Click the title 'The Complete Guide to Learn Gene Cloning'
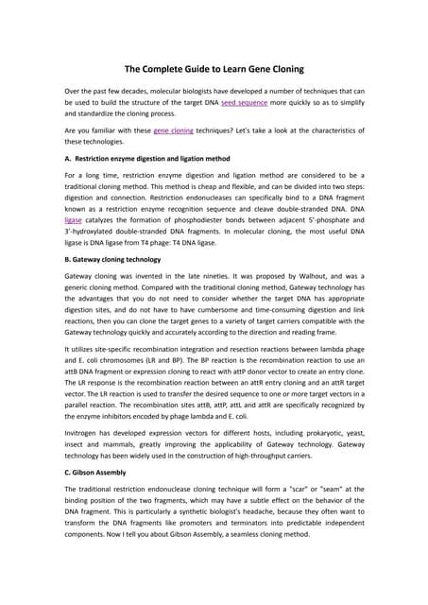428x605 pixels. pyautogui.click(x=214, y=68)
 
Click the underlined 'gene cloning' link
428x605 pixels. pyautogui.click(x=175, y=133)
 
